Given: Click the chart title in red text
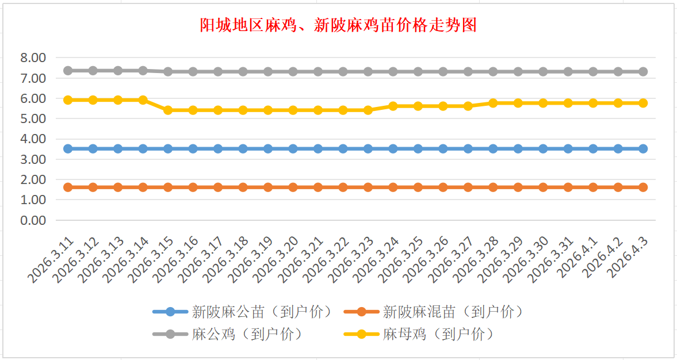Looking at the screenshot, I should pos(338,26).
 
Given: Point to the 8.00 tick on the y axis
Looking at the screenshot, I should pos(33,58).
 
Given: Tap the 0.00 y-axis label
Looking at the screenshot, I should pos(33,220).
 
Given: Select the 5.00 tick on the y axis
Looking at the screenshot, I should pos(33,118).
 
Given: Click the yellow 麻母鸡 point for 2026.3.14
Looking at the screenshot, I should pos(143,100).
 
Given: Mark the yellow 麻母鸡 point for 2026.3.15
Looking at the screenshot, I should pos(168,110).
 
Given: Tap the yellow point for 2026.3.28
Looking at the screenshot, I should pos(493,103).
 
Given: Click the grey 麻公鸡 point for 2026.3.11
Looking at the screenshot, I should pos(68,71).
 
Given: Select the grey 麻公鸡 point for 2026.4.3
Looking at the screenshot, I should pos(643,72).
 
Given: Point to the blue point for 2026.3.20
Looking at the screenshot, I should pos(293,148).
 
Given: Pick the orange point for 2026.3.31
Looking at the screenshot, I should pos(568,187).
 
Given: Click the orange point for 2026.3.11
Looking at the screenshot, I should pos(68,187).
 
